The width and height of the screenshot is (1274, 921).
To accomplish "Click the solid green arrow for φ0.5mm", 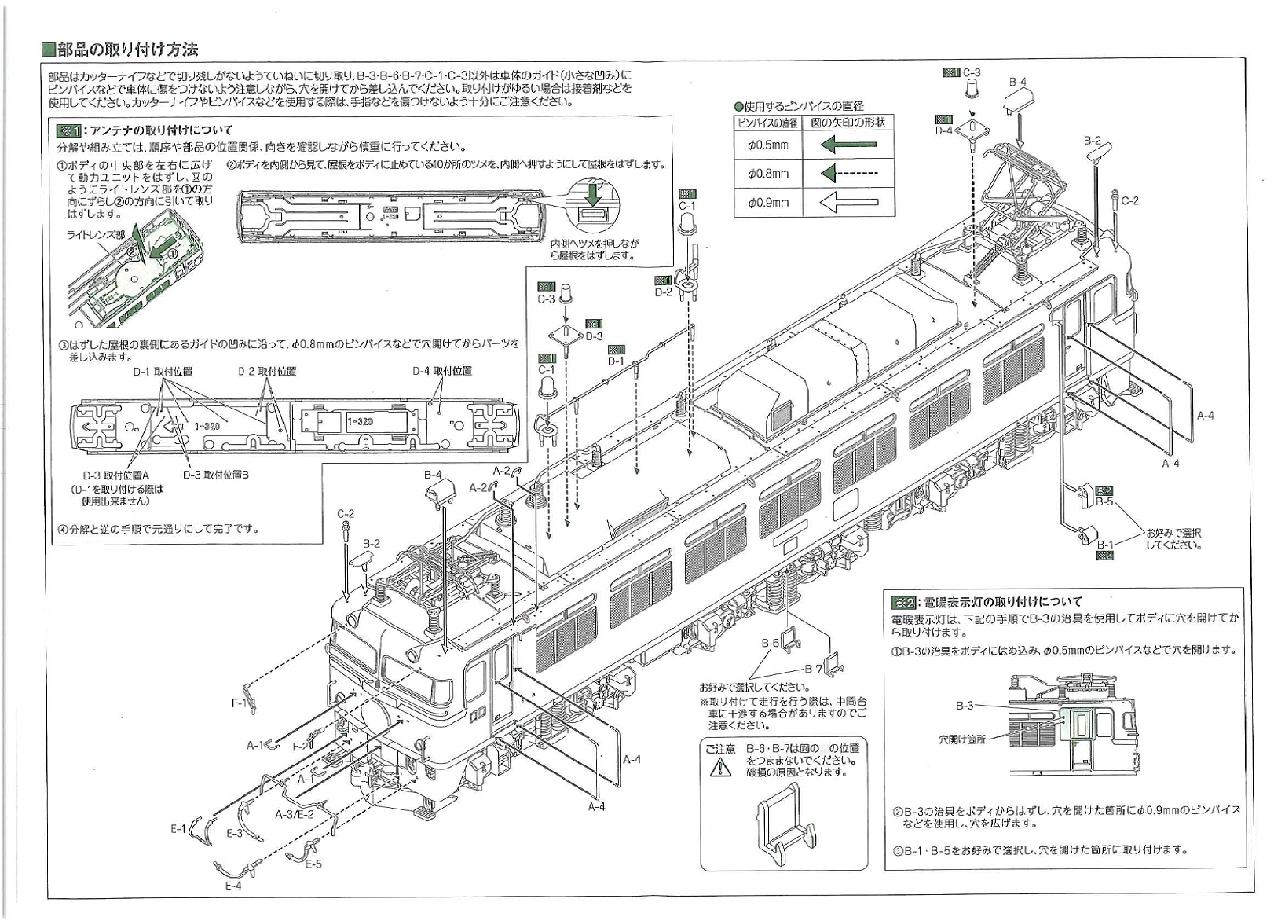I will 848,145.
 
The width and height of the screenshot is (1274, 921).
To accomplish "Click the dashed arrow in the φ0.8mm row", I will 848,174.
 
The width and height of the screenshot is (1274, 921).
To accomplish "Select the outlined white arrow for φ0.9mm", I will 848,203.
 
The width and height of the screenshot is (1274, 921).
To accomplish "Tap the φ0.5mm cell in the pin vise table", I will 767,145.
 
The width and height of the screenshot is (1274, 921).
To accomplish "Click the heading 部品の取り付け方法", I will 128,50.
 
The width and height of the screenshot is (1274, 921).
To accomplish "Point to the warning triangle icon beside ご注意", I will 719,767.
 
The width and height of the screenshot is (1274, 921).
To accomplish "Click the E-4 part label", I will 233,886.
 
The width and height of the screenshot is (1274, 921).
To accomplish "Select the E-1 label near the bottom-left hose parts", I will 178,829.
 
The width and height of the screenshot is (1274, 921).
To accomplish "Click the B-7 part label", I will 813,669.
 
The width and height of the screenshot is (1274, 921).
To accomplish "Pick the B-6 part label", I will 770,643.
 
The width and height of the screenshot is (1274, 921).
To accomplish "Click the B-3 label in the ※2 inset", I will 965,706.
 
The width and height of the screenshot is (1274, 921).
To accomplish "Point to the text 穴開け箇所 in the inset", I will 962,739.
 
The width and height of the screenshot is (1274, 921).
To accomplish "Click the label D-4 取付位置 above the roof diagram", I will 442,371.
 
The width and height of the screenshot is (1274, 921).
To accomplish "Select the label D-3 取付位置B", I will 216,475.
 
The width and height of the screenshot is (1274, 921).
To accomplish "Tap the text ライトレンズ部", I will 95,235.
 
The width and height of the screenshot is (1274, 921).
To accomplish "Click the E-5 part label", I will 313,864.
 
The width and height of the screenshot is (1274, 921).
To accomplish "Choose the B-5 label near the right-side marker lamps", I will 1104,501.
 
